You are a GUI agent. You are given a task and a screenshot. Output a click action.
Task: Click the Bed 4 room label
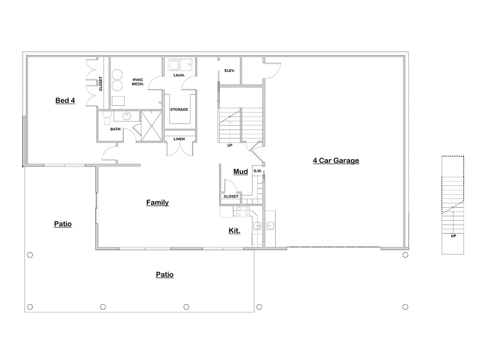pyautogui.click(x=65, y=100)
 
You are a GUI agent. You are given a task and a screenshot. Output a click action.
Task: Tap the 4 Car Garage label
pyautogui.click(x=336, y=161)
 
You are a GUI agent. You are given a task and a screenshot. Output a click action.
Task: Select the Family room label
pyautogui.click(x=158, y=203)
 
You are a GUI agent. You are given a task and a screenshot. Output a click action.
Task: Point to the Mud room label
pyautogui.click(x=241, y=172)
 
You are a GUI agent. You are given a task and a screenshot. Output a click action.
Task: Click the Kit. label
pyautogui.click(x=234, y=231)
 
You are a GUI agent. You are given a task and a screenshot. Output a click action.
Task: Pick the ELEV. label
pyautogui.click(x=230, y=71)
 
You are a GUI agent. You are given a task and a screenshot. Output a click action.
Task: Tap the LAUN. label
pyautogui.click(x=179, y=75)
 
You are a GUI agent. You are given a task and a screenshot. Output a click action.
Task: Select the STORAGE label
pyautogui.click(x=179, y=110)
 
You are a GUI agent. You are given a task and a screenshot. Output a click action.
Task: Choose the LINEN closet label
pyautogui.click(x=179, y=139)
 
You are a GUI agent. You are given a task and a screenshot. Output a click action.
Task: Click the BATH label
pyautogui.click(x=115, y=129)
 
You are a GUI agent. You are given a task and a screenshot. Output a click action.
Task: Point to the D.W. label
pyautogui.click(x=258, y=171)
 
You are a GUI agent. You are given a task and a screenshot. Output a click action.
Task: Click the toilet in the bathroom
pyautogui.click(x=107, y=119)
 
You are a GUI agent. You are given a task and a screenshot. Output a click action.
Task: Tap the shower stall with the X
pyautogui.click(x=151, y=126)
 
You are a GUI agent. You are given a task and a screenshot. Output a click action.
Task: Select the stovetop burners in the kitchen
pyautogui.click(x=243, y=212)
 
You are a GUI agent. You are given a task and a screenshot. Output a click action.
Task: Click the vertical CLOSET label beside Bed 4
pyautogui.click(x=101, y=84)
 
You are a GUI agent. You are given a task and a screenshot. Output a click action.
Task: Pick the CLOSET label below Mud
pyautogui.click(x=231, y=197)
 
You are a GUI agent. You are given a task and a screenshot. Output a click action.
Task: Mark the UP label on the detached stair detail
pyautogui.click(x=453, y=236)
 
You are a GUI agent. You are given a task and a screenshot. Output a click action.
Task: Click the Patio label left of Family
pyautogui.click(x=63, y=224)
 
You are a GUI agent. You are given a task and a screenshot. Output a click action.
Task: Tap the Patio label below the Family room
pyautogui.click(x=165, y=275)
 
